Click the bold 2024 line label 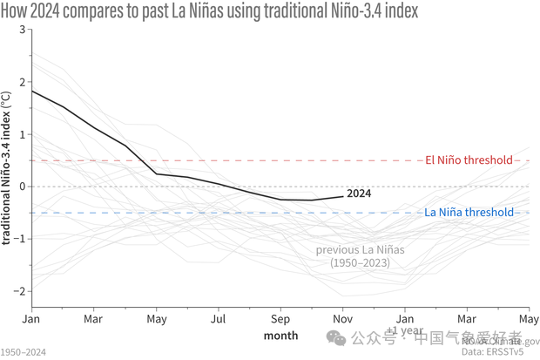pyautogui.click(x=359, y=194)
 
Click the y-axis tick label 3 pyautogui.click(x=21, y=30)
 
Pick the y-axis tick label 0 pyautogui.click(x=21, y=187)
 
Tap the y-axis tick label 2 pyautogui.click(x=21, y=82)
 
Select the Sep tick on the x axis pyautogui.click(x=280, y=319)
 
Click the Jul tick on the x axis pyautogui.click(x=218, y=319)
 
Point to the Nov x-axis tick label pyautogui.click(x=342, y=319)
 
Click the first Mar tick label pyautogui.click(x=93, y=319)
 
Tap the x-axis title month pyautogui.click(x=280, y=336)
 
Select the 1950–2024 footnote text pyautogui.click(x=24, y=352)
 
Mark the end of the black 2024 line pyautogui.click(x=342, y=196)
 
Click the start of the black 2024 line pyautogui.click(x=32, y=91)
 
